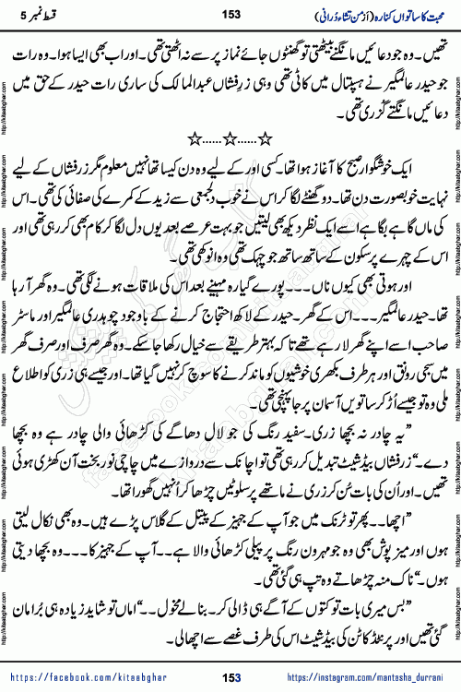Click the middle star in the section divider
point(230,137)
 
